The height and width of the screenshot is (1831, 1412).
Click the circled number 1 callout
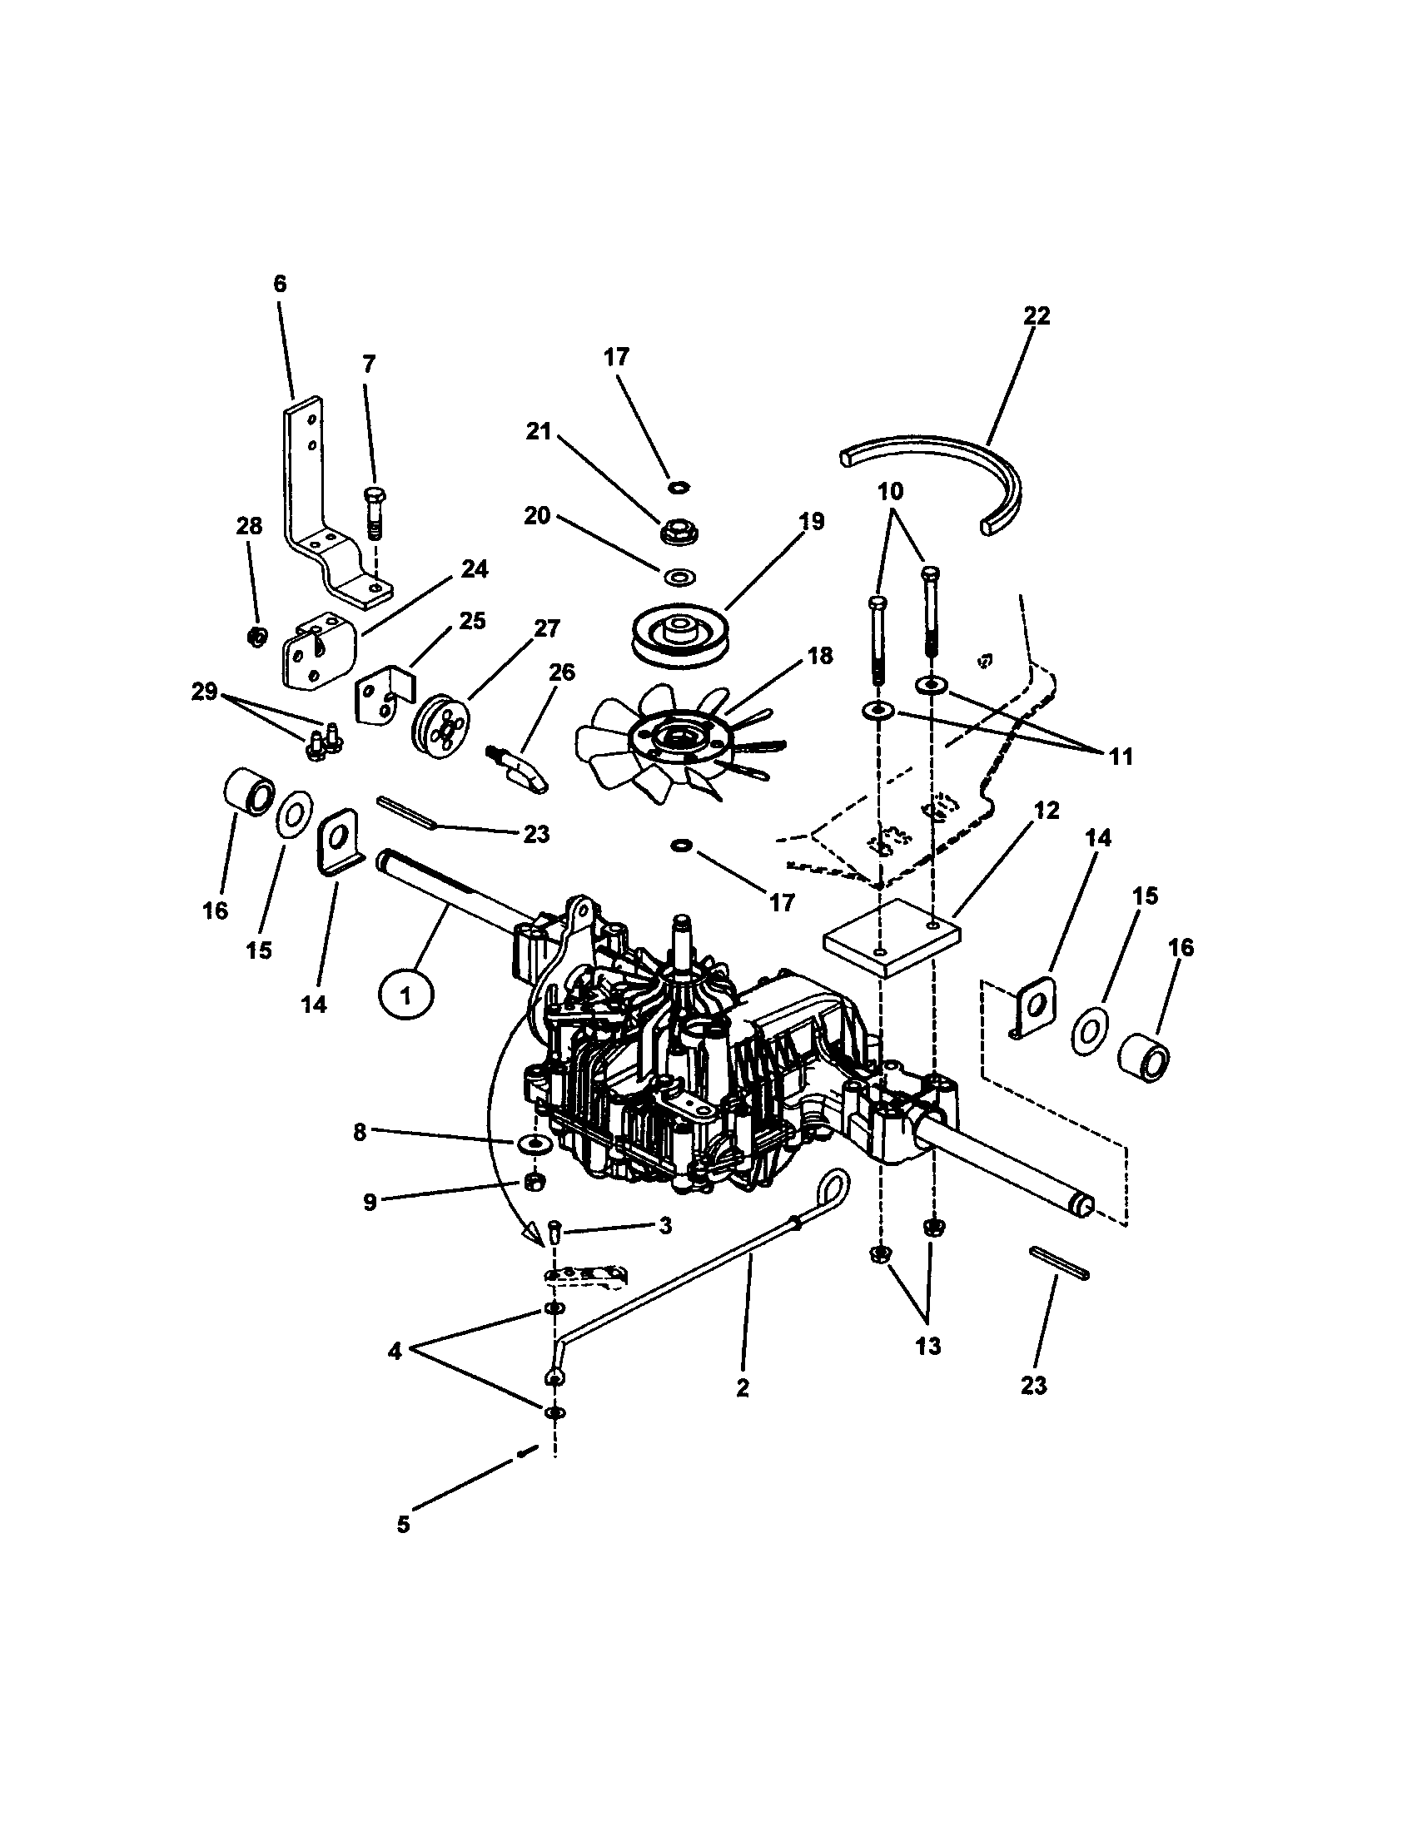[405, 996]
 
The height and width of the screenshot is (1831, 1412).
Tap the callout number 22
[1037, 316]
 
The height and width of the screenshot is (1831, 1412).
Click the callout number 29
[205, 692]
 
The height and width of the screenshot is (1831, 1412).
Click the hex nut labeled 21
[675, 532]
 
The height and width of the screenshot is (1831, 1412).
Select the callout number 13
[928, 1347]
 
